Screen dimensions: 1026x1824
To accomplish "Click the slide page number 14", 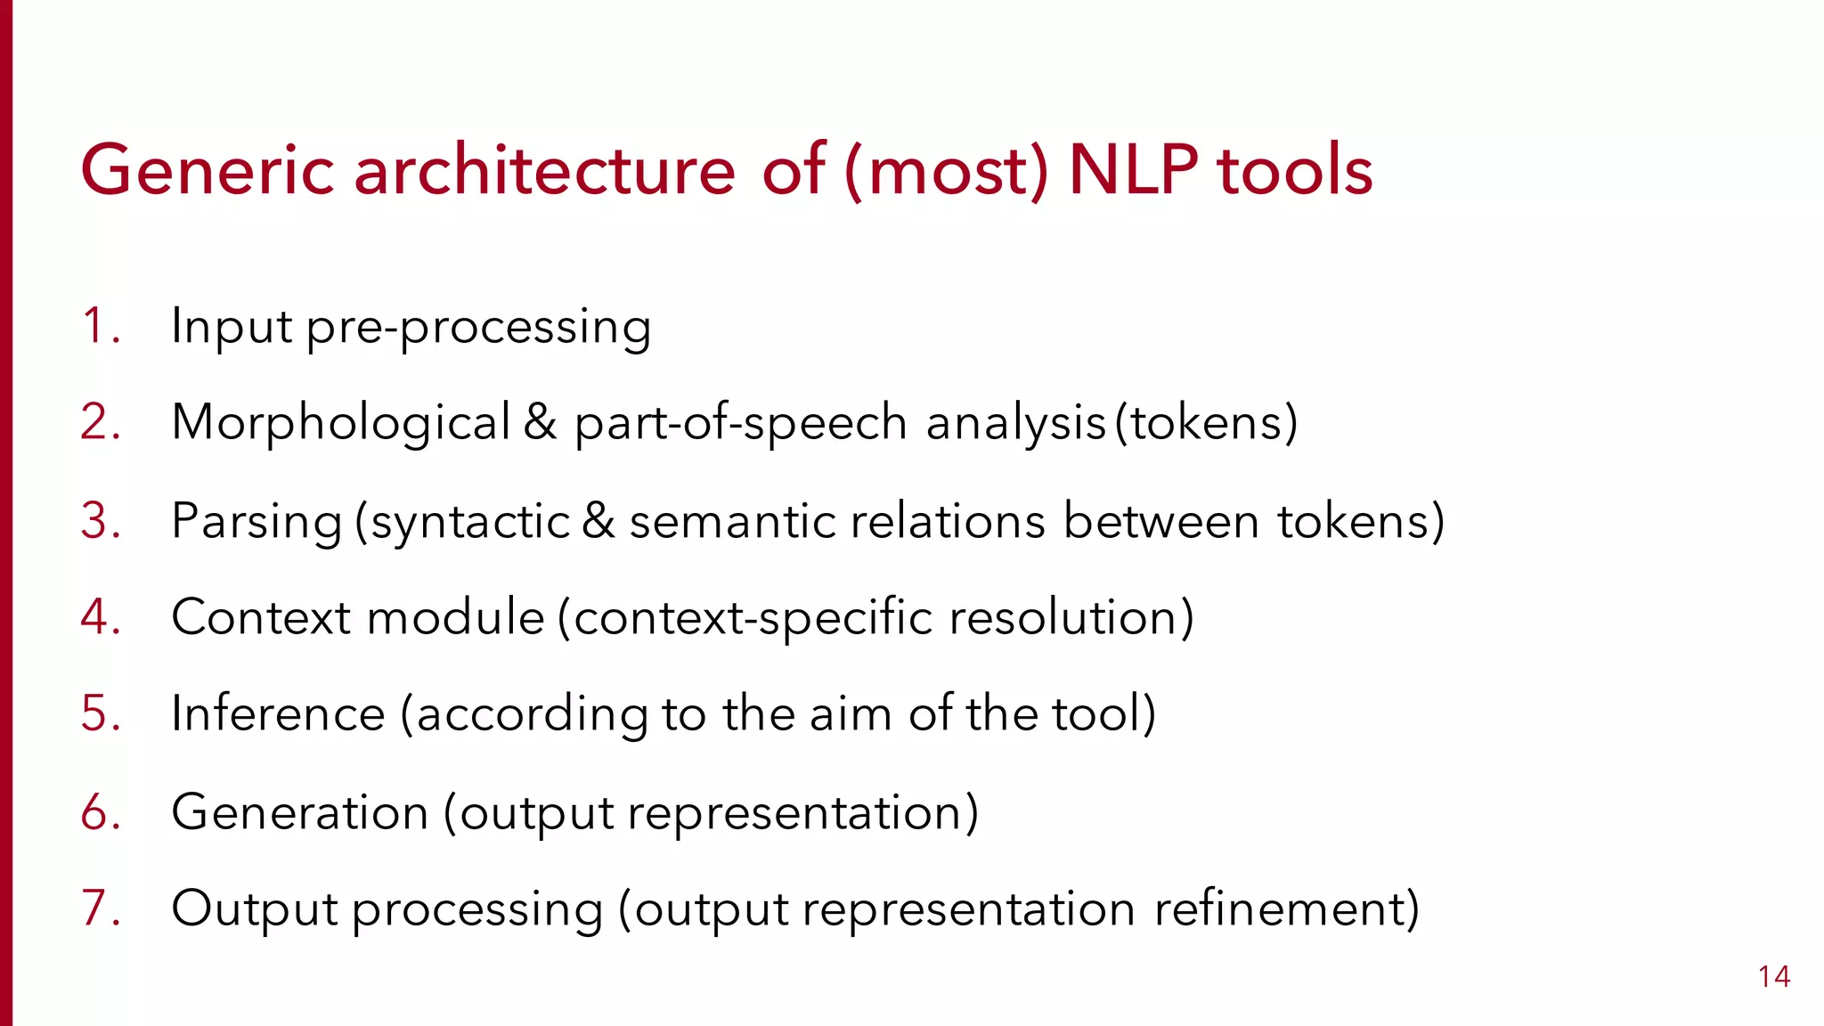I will pos(1774,977).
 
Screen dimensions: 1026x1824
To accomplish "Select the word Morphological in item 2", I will pos(341,422).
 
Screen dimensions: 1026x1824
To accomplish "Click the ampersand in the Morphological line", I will pos(540,422).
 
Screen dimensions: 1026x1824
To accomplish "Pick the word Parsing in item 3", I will pos(256,521).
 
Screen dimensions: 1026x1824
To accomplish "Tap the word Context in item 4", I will pos(261,616).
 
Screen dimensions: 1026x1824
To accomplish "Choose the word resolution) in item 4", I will pos(1071,616).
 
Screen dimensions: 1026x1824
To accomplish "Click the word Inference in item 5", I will pos(278,713).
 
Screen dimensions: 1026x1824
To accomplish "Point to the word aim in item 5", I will pos(851,713).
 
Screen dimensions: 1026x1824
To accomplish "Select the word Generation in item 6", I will pos(300,812).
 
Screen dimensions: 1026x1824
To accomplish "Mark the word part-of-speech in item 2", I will pos(740,423).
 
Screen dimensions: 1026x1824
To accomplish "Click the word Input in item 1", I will pos(232,326).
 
